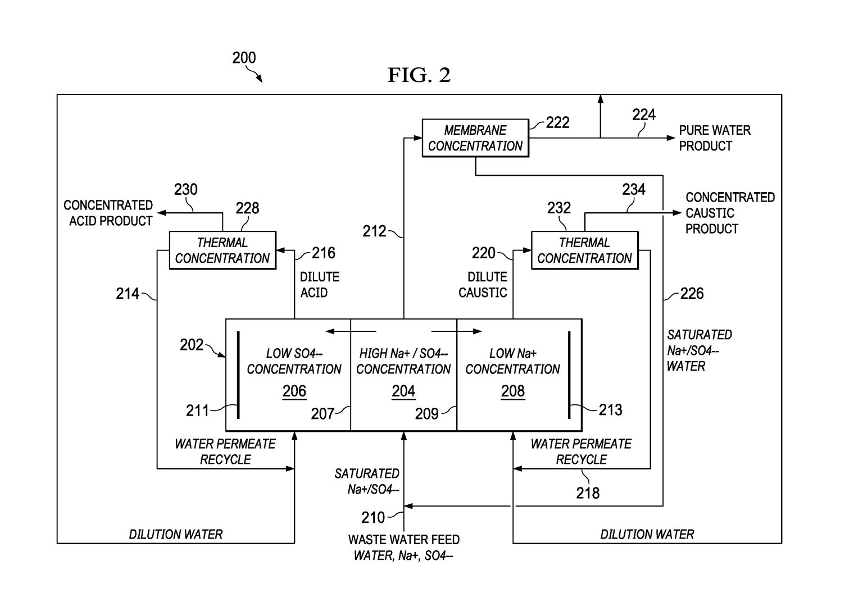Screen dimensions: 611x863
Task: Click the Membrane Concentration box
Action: (475, 138)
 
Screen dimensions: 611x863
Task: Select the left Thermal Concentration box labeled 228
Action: (222, 250)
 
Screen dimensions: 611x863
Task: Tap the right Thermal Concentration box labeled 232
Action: (584, 250)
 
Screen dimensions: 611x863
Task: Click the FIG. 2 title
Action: (419, 75)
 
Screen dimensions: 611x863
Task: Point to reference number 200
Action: (244, 58)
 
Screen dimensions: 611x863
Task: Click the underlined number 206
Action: (294, 391)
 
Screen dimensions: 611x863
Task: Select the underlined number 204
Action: (403, 391)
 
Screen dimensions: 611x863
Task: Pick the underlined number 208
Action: (512, 391)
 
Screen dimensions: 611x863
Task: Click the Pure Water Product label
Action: (714, 138)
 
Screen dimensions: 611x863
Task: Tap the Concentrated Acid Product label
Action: (108, 213)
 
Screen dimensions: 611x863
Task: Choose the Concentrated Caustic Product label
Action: (729, 213)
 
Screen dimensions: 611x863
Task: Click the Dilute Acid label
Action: (319, 285)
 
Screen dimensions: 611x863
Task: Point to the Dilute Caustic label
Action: (483, 285)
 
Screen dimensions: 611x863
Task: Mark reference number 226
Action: (692, 294)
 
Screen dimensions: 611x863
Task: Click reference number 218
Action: (588, 493)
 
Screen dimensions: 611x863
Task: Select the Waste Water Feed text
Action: (404, 540)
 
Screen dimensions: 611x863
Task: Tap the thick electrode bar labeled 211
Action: (238, 375)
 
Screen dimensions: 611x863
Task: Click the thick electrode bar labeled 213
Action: (569, 375)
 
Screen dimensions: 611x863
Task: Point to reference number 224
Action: (644, 115)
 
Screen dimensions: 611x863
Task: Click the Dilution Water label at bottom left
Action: (176, 534)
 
